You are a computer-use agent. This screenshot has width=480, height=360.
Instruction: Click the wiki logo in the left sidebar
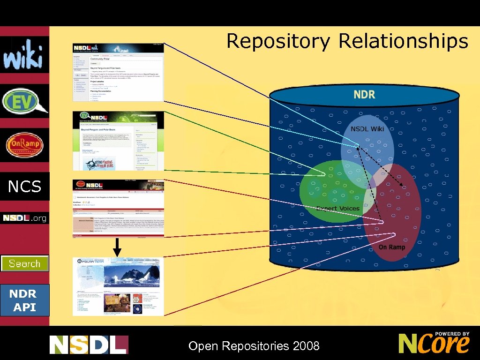[x=24, y=55]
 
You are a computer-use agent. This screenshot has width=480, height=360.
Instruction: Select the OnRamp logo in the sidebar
[x=24, y=145]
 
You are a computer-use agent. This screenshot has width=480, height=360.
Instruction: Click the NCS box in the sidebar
[x=24, y=187]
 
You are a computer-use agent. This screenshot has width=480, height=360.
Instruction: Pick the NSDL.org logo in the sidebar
[x=24, y=218]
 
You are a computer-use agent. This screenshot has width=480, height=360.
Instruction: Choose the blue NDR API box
[x=24, y=300]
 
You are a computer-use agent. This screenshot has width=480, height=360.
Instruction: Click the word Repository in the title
[x=278, y=41]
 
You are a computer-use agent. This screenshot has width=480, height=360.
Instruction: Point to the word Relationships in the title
[x=403, y=41]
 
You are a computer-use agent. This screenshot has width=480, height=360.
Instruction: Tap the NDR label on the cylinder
[x=364, y=95]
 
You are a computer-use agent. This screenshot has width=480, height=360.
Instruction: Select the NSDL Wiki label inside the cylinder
[x=367, y=128]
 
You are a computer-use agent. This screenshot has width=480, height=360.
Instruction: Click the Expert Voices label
[x=338, y=208]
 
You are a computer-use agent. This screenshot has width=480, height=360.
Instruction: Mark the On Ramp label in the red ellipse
[x=392, y=247]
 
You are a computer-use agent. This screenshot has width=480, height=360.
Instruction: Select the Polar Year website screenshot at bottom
[x=118, y=286]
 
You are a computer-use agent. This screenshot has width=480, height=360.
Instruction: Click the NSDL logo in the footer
[x=89, y=345]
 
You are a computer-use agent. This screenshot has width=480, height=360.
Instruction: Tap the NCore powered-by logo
[x=434, y=343]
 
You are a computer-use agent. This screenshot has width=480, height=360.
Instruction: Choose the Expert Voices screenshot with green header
[x=118, y=141]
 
